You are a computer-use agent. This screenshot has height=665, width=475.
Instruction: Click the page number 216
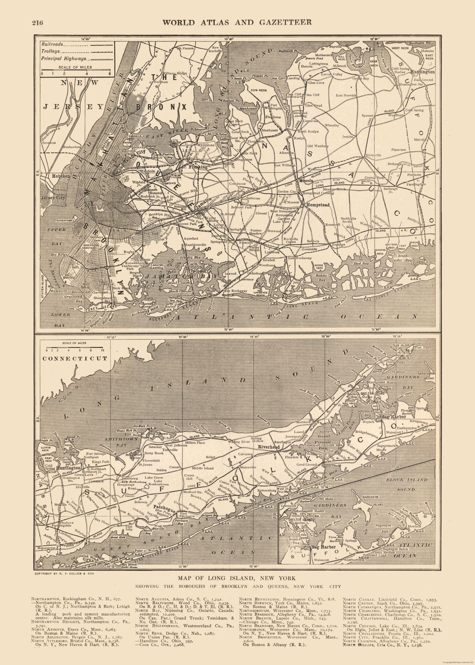coord(38,23)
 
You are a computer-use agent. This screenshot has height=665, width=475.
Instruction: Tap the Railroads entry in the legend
coord(52,44)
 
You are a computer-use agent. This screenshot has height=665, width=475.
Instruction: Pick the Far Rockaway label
coord(237,291)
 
